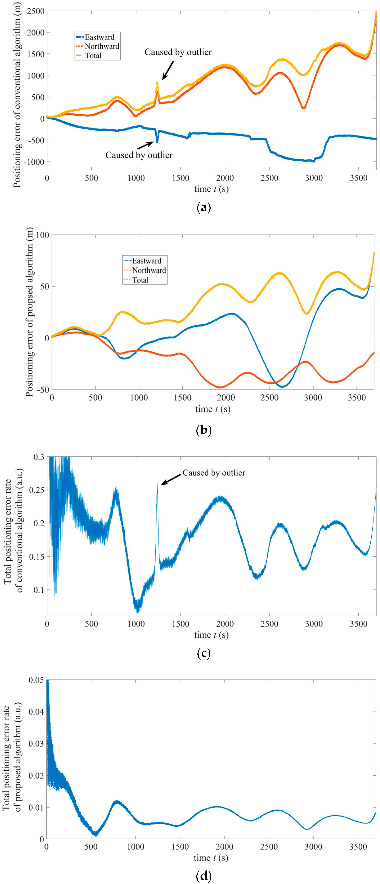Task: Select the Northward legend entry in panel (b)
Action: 149,270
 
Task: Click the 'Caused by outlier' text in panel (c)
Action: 214,473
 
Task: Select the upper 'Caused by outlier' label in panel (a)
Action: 178,52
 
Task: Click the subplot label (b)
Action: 203,430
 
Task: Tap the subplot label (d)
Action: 203,876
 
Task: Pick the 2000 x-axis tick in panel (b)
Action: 226,398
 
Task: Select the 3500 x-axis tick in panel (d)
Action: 358,847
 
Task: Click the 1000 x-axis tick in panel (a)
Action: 136,178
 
